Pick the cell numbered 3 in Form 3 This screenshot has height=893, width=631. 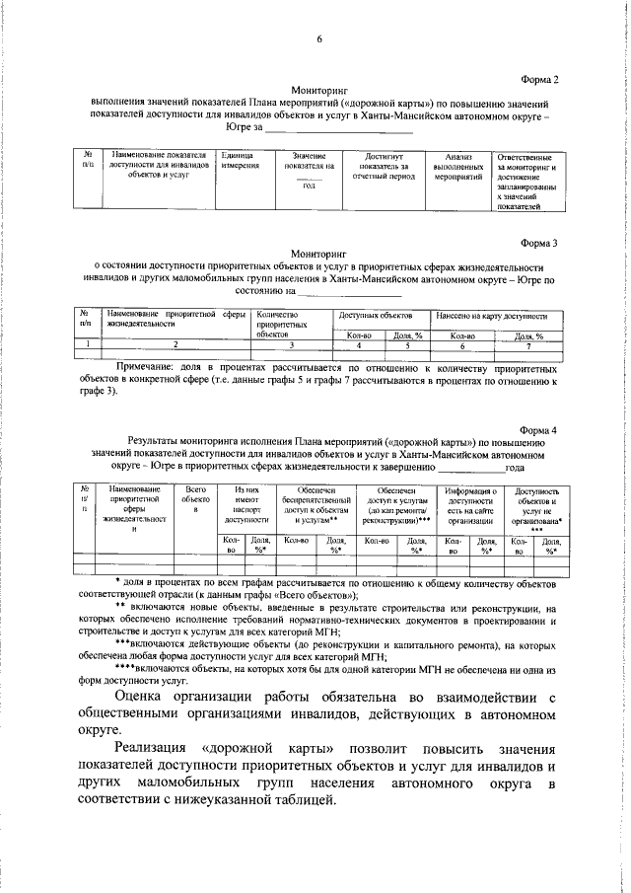[292, 344]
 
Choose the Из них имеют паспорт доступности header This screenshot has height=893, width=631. [245, 503]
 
